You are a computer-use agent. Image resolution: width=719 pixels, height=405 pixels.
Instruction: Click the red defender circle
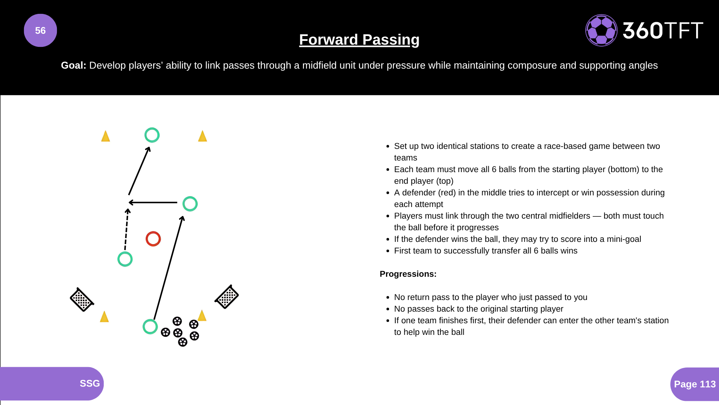pos(153,239)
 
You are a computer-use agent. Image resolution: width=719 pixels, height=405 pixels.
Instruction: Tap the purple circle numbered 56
pos(40,30)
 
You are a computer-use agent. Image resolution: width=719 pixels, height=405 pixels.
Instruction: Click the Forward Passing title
pos(359,39)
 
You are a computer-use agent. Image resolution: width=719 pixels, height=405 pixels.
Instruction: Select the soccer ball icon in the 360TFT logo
pos(601,30)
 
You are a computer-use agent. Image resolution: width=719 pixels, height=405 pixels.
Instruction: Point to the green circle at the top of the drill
pos(152,135)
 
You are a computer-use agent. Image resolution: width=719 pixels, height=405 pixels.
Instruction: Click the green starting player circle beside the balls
pos(150,327)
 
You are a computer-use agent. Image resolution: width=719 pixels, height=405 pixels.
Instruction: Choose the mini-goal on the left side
pos(82,300)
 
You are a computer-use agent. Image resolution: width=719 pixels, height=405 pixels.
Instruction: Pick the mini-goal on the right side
pos(227,297)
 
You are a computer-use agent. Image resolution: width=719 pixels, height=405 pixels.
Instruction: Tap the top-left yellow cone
pos(106,136)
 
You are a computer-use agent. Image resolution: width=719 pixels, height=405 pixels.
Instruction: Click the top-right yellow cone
pos(203,136)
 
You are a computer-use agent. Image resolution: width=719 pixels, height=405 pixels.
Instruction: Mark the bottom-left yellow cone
pos(104,316)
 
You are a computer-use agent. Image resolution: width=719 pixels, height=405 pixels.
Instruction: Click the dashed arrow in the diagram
pos(127,229)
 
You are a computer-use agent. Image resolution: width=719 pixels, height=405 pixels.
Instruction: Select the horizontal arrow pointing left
pos(153,202)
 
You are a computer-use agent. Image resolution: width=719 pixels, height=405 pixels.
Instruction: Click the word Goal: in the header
pos(73,65)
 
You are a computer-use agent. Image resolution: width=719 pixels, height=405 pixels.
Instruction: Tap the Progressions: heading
pos(408,274)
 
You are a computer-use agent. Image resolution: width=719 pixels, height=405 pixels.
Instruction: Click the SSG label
pos(90,383)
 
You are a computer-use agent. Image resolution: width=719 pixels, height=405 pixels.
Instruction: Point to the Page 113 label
pos(695,384)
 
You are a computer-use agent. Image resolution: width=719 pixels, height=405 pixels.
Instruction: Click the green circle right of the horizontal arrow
pos(190,204)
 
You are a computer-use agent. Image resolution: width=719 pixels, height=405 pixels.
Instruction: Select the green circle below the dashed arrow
pos(125,259)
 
